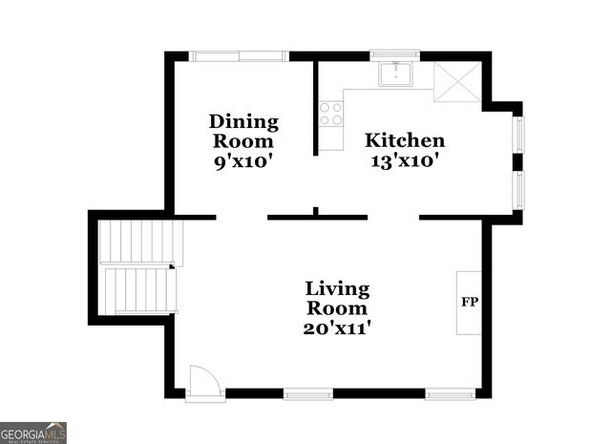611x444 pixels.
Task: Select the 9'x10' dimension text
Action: coord(243,161)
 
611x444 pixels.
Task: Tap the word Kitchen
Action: coord(405,140)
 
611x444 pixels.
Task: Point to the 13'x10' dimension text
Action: coord(405,161)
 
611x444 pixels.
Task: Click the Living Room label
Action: coord(337,298)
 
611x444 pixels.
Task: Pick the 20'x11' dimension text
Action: coord(337,328)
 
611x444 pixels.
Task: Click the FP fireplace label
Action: coord(469,303)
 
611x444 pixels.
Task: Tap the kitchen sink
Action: coord(394,74)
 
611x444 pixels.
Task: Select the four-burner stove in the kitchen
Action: coord(331,114)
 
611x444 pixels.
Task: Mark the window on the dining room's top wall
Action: coord(239,55)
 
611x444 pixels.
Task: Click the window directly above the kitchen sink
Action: coord(394,55)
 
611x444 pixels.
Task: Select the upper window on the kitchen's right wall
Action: coord(518,134)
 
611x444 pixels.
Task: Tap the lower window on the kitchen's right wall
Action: coord(518,189)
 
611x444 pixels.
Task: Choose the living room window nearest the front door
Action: coord(307,393)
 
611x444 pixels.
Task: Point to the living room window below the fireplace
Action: coord(450,393)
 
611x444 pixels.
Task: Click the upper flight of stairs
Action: coord(139,243)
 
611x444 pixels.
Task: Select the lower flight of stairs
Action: coord(139,289)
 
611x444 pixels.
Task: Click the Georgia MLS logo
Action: coord(33,432)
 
